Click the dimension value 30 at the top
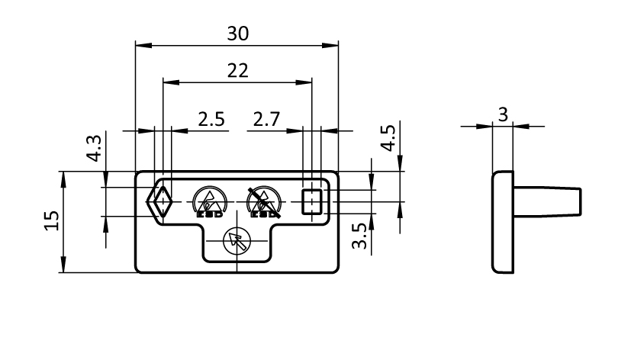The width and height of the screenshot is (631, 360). pos(238,34)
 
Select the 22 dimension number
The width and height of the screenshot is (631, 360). pos(238,70)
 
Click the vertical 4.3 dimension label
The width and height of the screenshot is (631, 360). pos(94,148)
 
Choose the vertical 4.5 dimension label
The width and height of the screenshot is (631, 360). pos(388,139)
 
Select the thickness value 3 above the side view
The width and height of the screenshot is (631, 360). pos(503,114)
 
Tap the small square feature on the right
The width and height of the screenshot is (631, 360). pos(312,202)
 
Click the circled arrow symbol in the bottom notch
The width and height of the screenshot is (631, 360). pos(236,242)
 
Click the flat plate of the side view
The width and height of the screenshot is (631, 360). pos(501,221)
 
